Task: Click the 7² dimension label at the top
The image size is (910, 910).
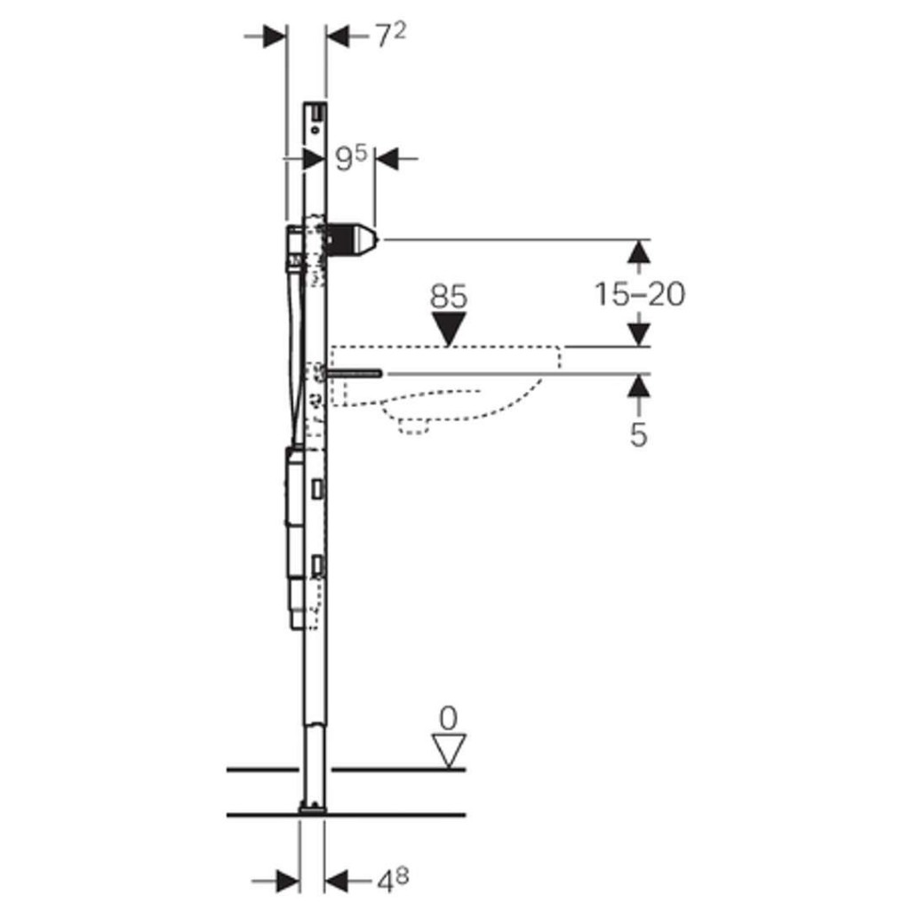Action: (x=390, y=36)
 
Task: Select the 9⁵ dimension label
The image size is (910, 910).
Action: (x=352, y=158)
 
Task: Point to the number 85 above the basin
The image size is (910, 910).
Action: (x=449, y=297)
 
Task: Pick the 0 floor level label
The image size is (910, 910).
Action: (x=448, y=718)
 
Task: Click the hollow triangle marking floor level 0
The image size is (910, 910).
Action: (x=449, y=751)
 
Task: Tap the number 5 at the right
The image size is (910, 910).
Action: (x=638, y=434)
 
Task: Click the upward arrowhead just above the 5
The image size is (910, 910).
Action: (x=639, y=386)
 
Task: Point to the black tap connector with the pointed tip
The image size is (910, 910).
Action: (x=352, y=238)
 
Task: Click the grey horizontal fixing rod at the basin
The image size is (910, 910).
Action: (x=354, y=373)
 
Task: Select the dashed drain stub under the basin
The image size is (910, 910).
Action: (x=414, y=426)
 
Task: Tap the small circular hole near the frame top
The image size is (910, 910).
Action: (x=315, y=131)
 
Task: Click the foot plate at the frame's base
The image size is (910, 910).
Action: (x=313, y=807)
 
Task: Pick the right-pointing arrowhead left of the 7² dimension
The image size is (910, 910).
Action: (x=275, y=36)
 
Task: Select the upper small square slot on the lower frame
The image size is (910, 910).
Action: (x=317, y=489)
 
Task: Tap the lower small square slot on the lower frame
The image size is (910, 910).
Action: (x=317, y=566)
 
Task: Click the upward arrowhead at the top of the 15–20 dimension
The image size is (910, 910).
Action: (x=639, y=251)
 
